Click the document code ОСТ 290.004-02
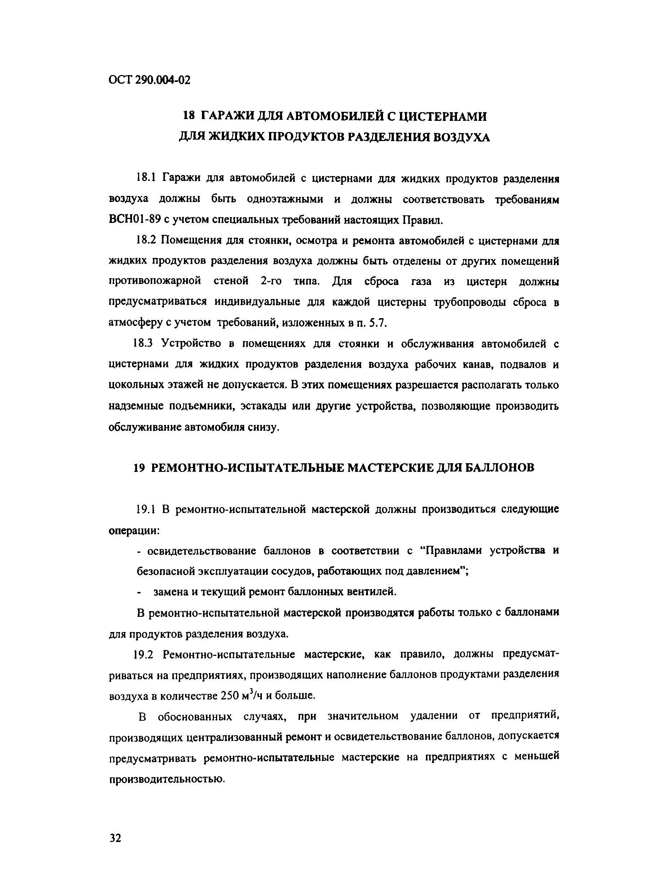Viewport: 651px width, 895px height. (x=149, y=80)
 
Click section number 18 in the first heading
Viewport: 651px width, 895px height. (x=189, y=117)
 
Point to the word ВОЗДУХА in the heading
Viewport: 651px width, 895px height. (x=461, y=137)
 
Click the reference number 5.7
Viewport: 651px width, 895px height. (x=378, y=323)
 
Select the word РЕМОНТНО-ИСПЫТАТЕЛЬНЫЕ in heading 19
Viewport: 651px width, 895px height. (x=243, y=468)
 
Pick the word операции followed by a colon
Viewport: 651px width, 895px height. (x=134, y=530)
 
